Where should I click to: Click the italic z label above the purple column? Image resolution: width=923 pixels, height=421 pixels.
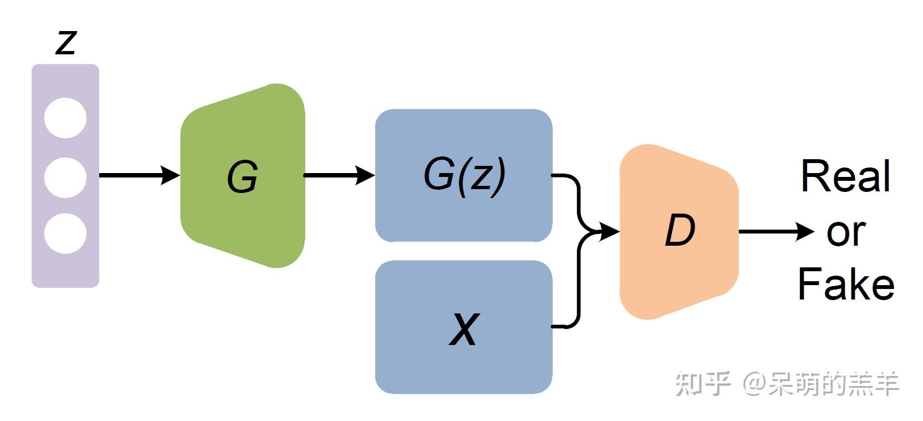tap(65, 42)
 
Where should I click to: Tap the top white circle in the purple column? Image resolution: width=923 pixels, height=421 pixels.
tap(65, 118)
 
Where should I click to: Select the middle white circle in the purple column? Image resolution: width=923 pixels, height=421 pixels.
tap(65, 177)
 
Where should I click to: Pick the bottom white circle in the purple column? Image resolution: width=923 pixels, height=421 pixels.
tap(65, 234)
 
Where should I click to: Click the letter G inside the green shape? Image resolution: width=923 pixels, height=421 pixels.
tap(242, 177)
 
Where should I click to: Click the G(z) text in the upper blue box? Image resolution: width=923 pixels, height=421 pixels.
tap(464, 175)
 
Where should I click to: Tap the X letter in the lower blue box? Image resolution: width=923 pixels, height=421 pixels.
tap(463, 329)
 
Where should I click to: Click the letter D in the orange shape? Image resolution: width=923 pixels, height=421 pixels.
tap(680, 230)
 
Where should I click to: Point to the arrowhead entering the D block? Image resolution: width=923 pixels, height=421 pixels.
tap(609, 231)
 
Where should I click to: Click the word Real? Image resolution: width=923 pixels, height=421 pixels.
tap(845, 176)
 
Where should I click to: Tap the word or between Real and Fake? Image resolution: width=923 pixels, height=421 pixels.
tap(846, 233)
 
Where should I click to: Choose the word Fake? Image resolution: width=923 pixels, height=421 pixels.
tap(846, 284)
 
